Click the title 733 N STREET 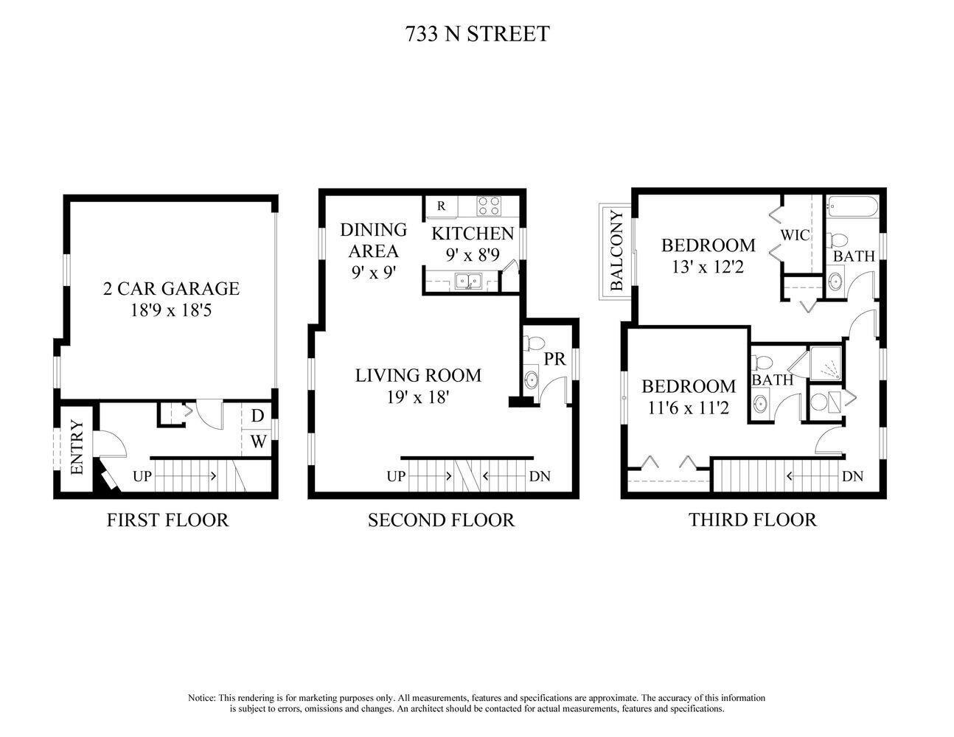(477, 34)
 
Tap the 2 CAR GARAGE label (171, 289)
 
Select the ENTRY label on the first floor (77, 447)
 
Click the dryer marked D (258, 416)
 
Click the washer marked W (258, 441)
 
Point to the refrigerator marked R (442, 206)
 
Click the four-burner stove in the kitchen (489, 206)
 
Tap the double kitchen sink (468, 281)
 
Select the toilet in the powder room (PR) (534, 343)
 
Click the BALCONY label (617, 251)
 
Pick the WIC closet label (795, 235)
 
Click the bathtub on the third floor (852, 206)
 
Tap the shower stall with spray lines (826, 363)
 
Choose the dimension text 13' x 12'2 (708, 267)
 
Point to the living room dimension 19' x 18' (417, 397)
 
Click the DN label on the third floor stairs (852, 476)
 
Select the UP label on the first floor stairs (142, 476)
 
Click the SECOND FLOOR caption (441, 520)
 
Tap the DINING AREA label (373, 240)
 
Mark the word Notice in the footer (201, 698)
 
